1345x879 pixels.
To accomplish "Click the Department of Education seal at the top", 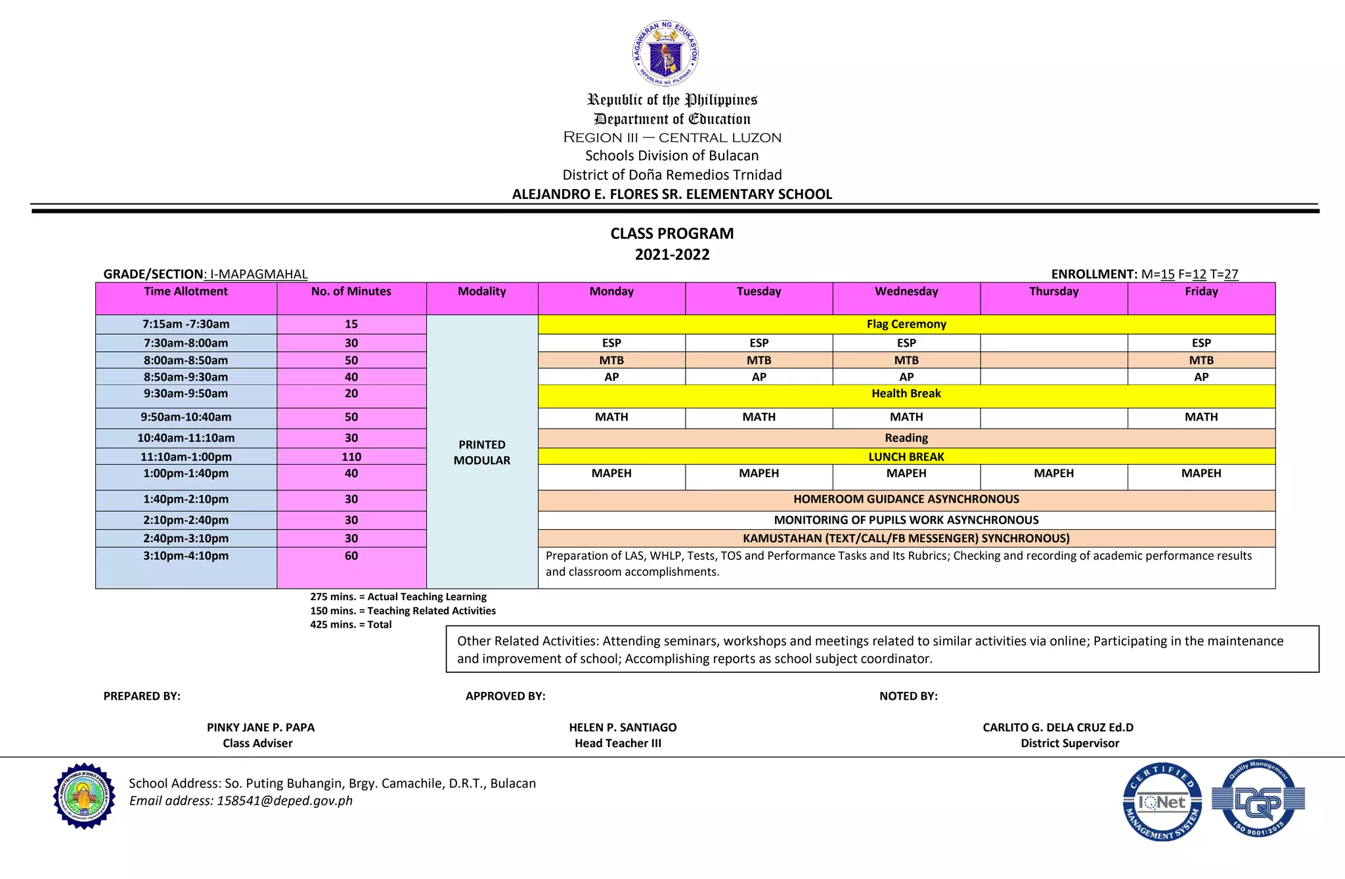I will [665, 53].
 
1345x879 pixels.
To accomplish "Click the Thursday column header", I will [1053, 291].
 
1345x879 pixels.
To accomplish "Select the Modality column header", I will [481, 291].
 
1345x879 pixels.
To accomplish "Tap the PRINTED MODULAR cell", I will [481, 452].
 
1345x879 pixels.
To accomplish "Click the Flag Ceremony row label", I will [906, 324].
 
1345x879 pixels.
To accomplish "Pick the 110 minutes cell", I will [351, 457].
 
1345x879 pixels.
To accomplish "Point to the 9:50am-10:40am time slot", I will [186, 418].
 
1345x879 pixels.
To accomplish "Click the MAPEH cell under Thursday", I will [1053, 474].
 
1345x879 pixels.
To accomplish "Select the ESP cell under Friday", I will [1201, 343].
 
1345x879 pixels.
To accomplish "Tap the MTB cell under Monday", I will [611, 360].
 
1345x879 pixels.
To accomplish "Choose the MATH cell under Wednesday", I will [906, 418].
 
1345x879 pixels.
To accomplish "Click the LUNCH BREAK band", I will [906, 457].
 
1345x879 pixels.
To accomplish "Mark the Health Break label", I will [906, 394].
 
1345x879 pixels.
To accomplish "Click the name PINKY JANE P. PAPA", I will [261, 727].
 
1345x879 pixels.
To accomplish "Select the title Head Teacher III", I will [617, 743].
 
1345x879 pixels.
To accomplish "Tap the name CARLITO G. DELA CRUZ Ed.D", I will [1057, 727].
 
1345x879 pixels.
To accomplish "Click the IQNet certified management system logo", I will [1162, 802].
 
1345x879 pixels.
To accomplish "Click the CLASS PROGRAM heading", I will [672, 234].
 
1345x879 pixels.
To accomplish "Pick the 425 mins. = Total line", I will [351, 625].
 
